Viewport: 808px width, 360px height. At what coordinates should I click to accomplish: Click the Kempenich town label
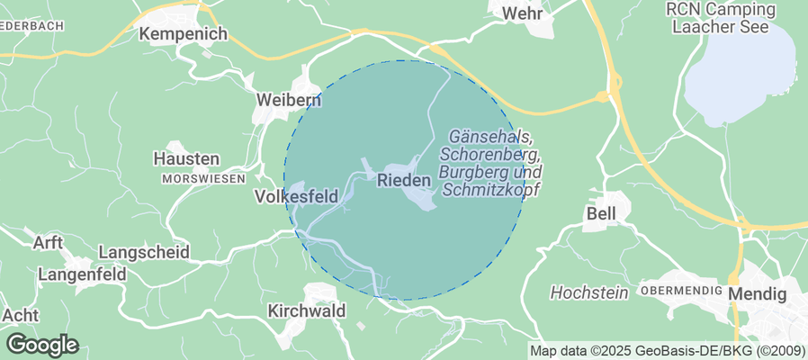183,34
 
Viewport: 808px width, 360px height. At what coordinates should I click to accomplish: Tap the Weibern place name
288,99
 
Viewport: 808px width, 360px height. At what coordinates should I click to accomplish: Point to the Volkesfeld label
296,195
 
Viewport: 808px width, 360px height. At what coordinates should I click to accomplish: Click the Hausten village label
186,158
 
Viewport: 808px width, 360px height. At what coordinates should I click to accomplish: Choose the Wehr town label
524,13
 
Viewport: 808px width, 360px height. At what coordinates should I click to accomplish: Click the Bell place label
601,214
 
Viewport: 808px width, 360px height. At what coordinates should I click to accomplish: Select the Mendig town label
757,294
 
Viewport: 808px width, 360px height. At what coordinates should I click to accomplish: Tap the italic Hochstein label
588,293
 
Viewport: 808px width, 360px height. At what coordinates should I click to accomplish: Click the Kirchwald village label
307,310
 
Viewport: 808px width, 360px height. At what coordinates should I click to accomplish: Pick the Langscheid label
141,252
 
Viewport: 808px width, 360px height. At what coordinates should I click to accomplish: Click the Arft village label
47,243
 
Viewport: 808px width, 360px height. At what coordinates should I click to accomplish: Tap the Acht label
21,316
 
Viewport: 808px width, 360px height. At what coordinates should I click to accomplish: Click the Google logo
42,345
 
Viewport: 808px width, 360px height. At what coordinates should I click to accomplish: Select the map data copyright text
667,351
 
